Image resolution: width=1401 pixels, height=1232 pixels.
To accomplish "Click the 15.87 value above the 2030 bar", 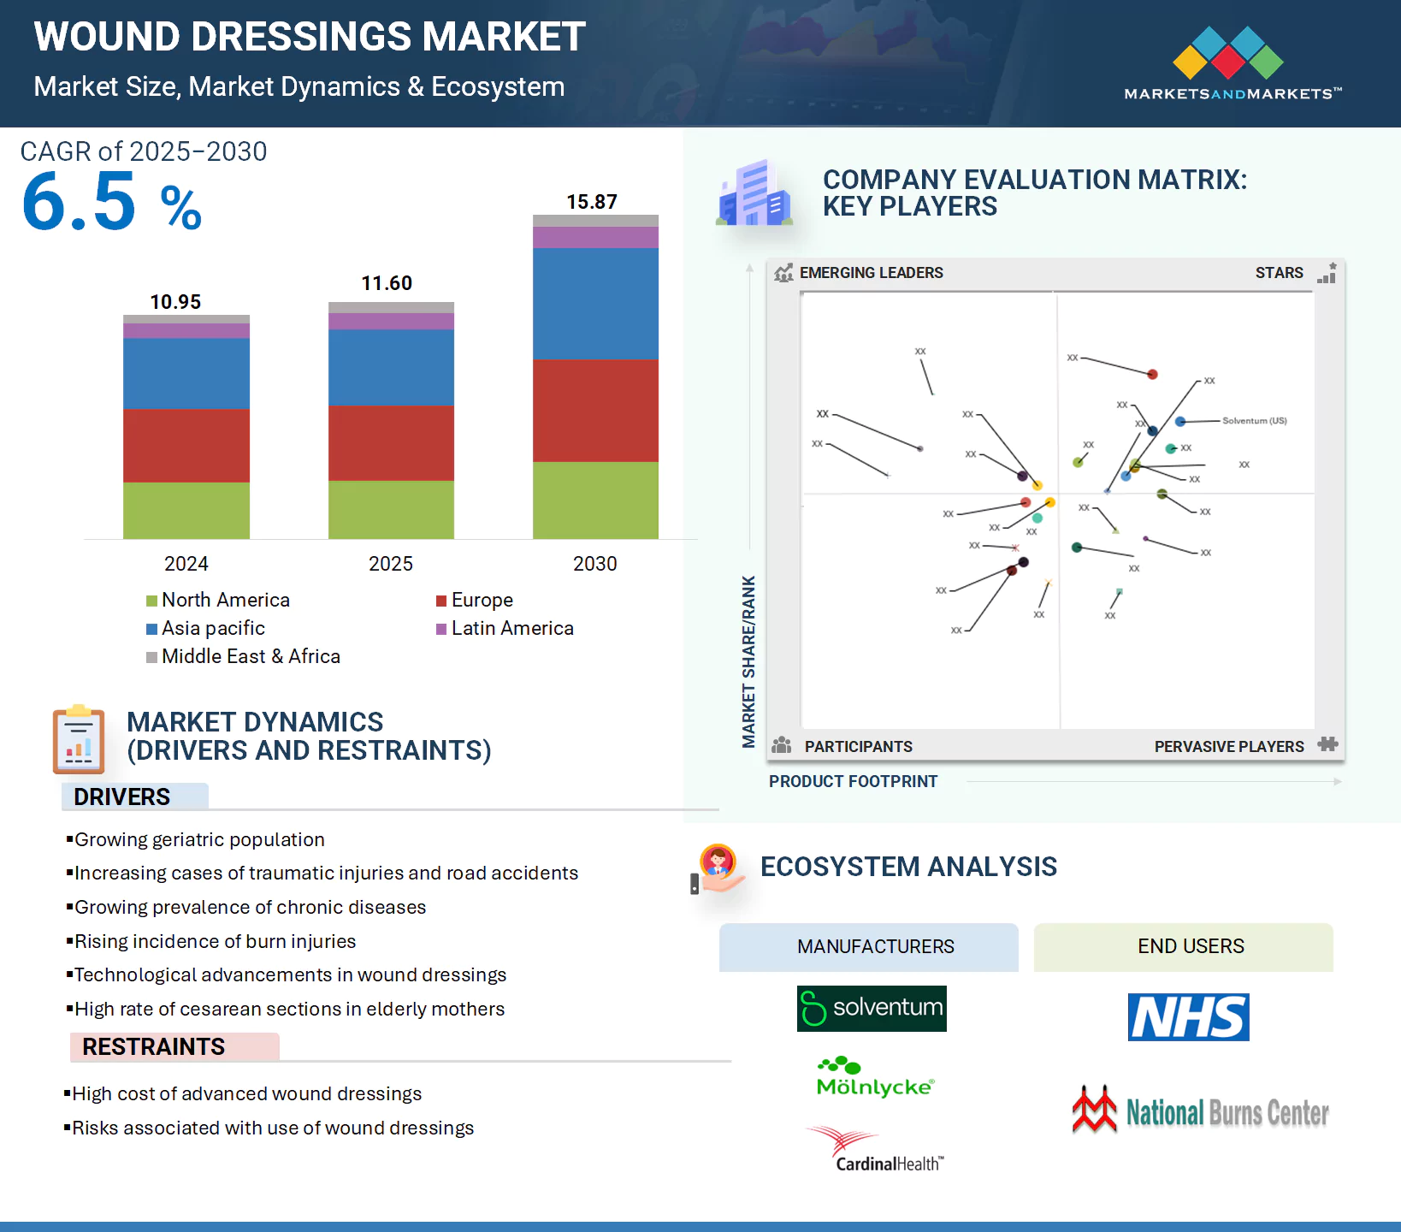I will (x=592, y=202).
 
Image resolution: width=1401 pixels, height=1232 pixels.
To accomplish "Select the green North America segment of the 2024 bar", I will (x=186, y=510).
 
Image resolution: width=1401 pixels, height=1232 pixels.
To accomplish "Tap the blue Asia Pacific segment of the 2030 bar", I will (x=595, y=303).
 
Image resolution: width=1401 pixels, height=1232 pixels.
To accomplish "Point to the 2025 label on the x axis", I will (x=391, y=564).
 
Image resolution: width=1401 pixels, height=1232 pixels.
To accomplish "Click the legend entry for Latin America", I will (x=511, y=628).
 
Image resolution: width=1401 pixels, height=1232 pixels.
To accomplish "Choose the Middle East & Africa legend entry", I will (x=250, y=656).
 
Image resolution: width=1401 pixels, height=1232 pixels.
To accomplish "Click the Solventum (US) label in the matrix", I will (x=1254, y=421).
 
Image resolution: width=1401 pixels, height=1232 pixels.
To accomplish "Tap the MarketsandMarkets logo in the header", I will (x=1232, y=64).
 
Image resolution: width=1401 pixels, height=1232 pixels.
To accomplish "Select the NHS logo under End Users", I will (x=1188, y=1017).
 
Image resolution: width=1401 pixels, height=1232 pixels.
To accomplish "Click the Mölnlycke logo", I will (x=875, y=1077).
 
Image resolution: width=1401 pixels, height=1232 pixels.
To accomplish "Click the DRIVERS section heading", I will (x=122, y=797).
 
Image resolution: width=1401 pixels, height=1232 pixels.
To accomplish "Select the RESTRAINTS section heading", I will (x=154, y=1046).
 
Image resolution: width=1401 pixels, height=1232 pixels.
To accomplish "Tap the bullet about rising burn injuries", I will (x=215, y=941).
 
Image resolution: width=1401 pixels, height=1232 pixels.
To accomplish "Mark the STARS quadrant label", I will (x=1279, y=273).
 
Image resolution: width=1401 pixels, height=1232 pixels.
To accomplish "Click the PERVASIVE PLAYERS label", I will (x=1228, y=746).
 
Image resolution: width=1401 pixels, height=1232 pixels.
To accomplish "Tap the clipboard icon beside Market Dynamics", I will (x=79, y=739).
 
